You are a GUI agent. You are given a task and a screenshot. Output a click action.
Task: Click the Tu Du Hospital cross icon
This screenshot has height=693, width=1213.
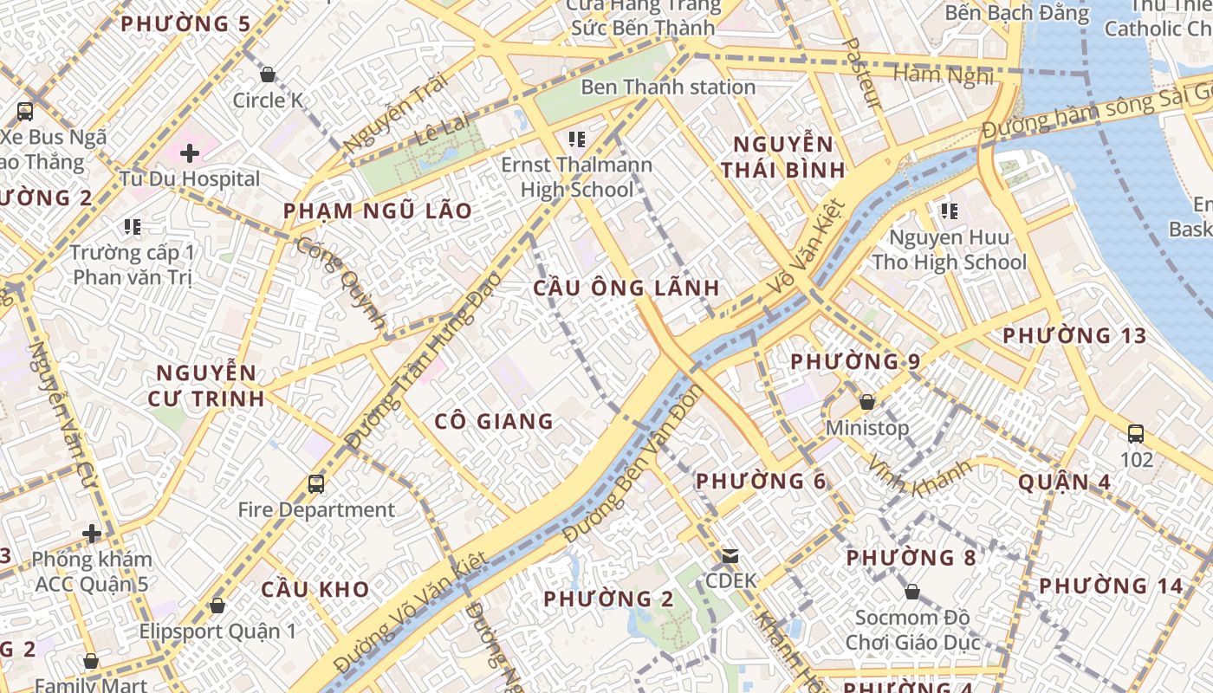(x=190, y=154)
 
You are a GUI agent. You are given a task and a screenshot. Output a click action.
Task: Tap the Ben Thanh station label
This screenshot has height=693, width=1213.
(x=668, y=87)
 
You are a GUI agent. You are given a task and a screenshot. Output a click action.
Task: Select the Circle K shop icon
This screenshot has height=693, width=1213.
(x=268, y=75)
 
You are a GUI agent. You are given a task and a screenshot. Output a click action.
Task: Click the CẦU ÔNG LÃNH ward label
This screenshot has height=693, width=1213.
(x=626, y=288)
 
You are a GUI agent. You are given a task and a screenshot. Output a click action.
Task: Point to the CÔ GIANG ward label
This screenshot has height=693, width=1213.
(x=494, y=422)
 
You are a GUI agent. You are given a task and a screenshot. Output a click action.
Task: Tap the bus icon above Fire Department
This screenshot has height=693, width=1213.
(x=316, y=484)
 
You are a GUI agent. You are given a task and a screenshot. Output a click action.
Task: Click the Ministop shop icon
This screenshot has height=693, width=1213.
(x=866, y=403)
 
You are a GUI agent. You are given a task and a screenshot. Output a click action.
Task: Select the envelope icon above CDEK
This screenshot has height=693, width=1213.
(x=730, y=555)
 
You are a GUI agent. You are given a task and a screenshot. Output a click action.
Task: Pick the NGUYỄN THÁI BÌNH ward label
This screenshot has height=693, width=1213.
(x=782, y=157)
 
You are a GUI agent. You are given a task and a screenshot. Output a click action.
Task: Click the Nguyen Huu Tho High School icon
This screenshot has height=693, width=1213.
(x=949, y=211)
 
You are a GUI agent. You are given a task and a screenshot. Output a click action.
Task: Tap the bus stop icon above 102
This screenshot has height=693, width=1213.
(x=1136, y=434)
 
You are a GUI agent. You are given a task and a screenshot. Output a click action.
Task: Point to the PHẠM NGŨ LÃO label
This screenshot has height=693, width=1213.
(x=378, y=210)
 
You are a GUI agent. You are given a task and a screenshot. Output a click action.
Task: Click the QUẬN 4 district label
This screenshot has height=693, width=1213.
(x=1064, y=482)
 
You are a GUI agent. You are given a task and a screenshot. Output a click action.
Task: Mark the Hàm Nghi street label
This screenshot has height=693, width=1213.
(x=943, y=74)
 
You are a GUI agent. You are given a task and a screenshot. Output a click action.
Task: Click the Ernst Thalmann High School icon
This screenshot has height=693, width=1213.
(x=576, y=139)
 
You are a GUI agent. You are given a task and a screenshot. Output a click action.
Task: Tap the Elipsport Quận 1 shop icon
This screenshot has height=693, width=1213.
(x=217, y=605)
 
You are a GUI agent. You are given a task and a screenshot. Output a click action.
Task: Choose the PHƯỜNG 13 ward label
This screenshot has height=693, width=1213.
(x=1074, y=336)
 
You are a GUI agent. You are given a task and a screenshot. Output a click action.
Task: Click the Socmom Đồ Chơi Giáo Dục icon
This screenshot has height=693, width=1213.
(x=911, y=593)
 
